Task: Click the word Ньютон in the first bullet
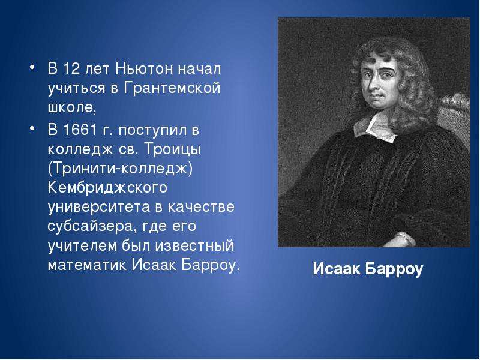[x=144, y=68]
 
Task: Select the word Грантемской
[x=172, y=88]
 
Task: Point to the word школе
[x=72, y=107]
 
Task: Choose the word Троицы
[x=173, y=150]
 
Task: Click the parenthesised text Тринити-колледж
[x=121, y=169]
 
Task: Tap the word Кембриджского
[x=107, y=188]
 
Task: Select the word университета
[x=99, y=207]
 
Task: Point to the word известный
[x=194, y=246]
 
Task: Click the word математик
[x=87, y=265]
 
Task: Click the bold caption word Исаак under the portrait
[x=337, y=269]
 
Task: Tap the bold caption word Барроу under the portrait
[x=394, y=269]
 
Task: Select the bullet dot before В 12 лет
[x=32, y=67]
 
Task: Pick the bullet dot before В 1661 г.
[x=32, y=128]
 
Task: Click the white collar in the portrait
[x=376, y=127]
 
